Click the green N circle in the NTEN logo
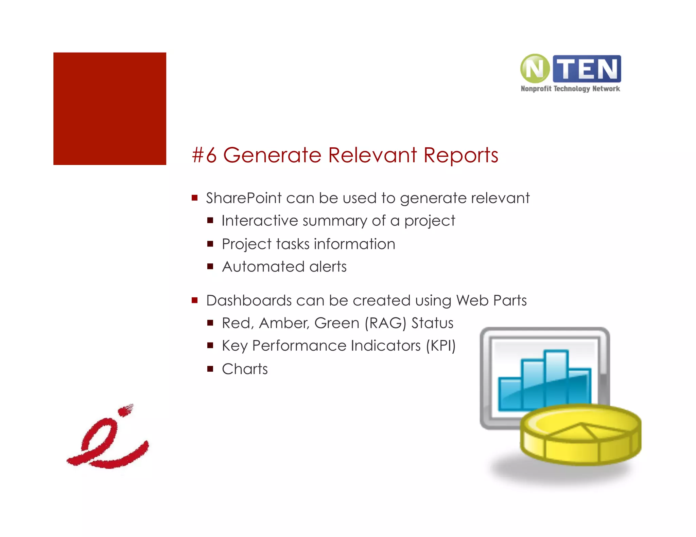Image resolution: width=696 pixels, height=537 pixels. [535, 69]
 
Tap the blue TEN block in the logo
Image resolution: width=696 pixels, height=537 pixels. [587, 69]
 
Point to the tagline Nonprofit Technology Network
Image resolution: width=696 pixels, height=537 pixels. [570, 89]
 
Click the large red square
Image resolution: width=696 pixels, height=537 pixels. [110, 109]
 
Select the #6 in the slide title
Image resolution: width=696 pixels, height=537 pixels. [204, 155]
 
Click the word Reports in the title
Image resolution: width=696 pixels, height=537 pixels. [460, 156]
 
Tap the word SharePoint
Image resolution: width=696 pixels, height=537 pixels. [244, 198]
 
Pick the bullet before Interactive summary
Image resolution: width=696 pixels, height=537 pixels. [210, 221]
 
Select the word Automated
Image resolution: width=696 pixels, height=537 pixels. [263, 267]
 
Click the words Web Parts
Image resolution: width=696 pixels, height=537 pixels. [491, 301]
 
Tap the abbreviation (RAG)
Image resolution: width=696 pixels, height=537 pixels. [385, 323]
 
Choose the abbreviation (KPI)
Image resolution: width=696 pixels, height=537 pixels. [440, 346]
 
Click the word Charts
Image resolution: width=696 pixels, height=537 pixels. [245, 369]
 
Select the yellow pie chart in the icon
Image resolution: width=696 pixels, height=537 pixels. [580, 434]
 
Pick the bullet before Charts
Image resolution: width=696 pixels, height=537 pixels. [210, 369]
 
